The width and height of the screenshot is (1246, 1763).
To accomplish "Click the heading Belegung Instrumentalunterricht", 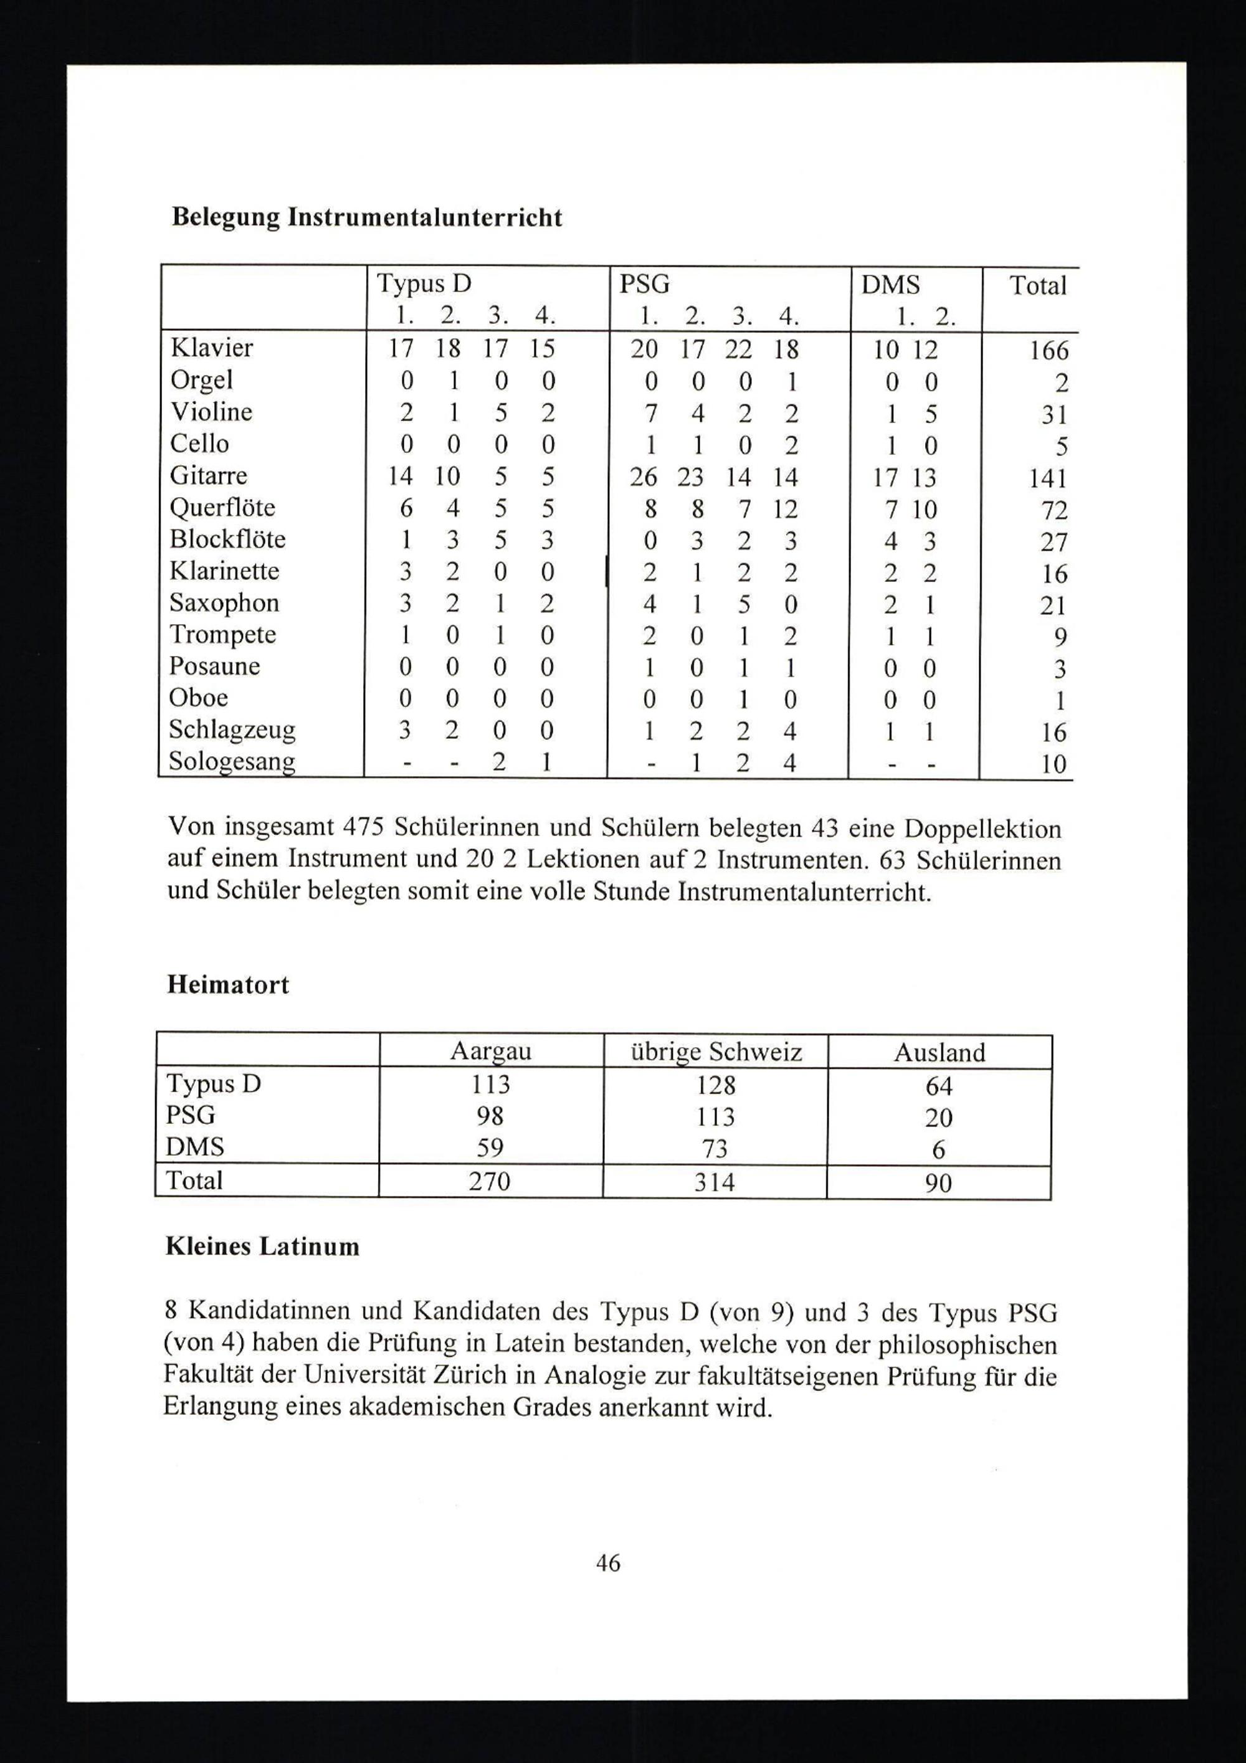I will click(367, 217).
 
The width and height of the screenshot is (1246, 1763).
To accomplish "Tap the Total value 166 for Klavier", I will click(1049, 351).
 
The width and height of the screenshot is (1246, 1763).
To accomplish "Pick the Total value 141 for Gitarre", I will click(1048, 478).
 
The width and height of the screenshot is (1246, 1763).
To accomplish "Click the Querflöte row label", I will click(222, 508).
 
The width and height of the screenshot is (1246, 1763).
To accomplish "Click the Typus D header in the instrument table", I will click(424, 284).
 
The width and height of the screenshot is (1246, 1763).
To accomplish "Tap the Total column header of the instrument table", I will click(1038, 286).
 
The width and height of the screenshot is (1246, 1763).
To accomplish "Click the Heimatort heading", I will click(228, 984).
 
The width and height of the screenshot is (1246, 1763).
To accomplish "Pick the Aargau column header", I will click(490, 1051).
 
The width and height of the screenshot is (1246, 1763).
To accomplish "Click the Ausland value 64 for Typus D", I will click(938, 1086).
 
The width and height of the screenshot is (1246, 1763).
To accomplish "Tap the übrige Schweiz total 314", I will click(714, 1182).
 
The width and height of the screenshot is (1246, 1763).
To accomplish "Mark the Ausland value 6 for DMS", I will click(938, 1149).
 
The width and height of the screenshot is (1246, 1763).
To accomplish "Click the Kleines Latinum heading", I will click(262, 1245).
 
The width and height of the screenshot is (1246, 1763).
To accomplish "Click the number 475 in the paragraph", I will click(364, 828).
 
